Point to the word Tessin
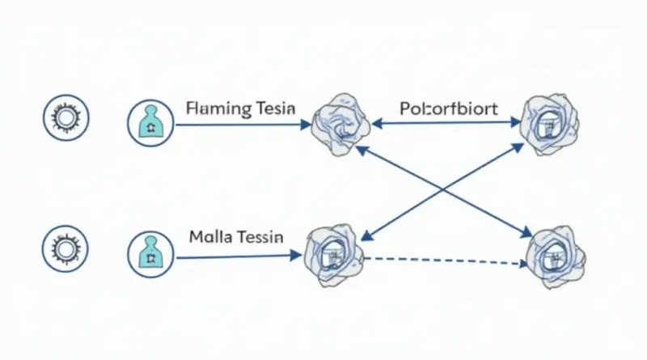tap(260, 238)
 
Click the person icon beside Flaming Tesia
tap(151, 124)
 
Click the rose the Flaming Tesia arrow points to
tap(339, 124)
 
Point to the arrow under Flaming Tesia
tap(243, 125)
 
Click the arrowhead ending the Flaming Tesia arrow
tap(306, 125)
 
